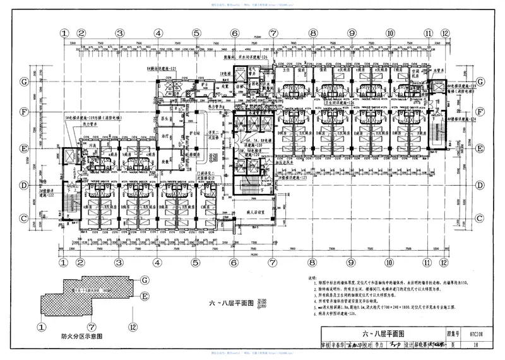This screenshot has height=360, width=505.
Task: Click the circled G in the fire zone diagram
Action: point(144,279)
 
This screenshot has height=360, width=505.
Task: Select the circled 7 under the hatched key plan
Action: point(92,327)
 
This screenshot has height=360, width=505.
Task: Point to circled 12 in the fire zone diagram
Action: point(133,327)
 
